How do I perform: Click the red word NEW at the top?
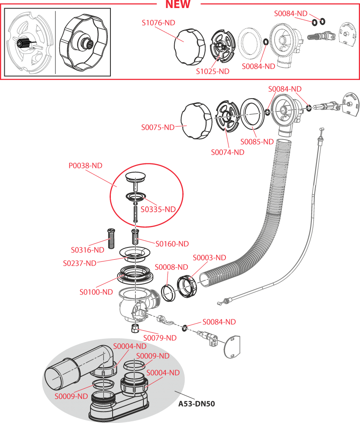(x=178, y=5)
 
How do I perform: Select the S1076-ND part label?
(x=158, y=22)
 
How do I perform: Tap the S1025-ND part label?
(x=212, y=71)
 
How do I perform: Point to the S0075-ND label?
(x=158, y=127)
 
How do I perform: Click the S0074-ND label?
(x=228, y=152)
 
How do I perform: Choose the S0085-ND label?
(x=257, y=142)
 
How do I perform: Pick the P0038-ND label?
(x=85, y=166)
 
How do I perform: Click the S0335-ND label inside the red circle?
(x=158, y=209)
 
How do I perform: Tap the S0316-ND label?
(x=88, y=250)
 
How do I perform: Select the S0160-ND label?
(x=172, y=244)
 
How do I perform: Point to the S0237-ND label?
(x=80, y=263)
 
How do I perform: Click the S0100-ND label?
(x=96, y=292)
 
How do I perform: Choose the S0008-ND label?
(x=171, y=267)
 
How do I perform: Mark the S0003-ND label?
(x=209, y=258)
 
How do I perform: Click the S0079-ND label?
(x=159, y=338)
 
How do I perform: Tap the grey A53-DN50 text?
(x=196, y=404)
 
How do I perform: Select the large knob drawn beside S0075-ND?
(x=196, y=119)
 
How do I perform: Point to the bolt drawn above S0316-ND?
(x=111, y=237)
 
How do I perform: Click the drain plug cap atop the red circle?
(x=135, y=177)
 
